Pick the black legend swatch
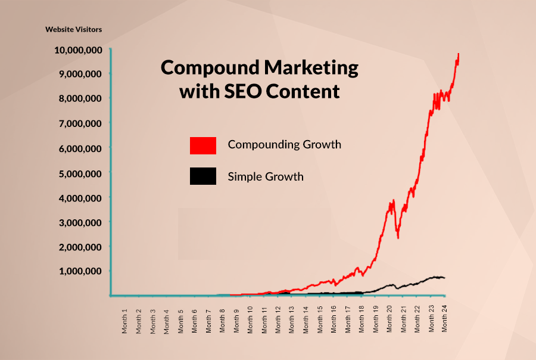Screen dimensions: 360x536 click(202, 176)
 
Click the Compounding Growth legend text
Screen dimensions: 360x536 click(284, 144)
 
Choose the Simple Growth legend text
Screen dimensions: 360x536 click(265, 176)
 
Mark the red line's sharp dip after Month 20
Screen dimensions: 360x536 click(397, 237)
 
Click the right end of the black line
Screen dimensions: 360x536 click(444, 278)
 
